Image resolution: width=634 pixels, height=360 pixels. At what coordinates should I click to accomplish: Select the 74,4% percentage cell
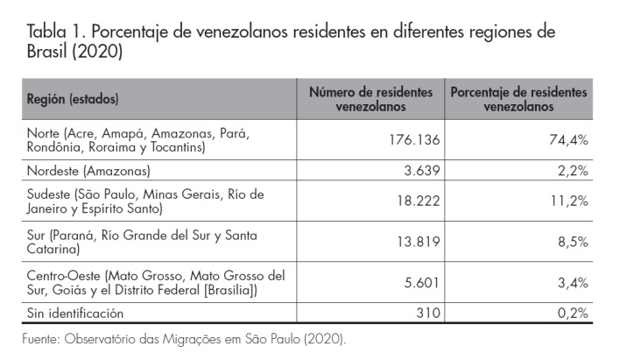(x=569, y=140)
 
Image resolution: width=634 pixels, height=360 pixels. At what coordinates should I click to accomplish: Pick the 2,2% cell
(x=574, y=170)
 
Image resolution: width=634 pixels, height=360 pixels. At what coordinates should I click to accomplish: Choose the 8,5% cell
(x=574, y=242)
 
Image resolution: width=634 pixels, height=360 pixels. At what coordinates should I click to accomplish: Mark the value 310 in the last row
(x=426, y=313)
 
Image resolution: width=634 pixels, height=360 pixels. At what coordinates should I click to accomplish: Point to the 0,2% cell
(x=574, y=313)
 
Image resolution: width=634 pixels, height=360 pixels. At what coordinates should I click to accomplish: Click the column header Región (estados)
(x=73, y=99)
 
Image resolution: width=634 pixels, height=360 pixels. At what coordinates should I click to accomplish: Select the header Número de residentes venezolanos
(x=371, y=99)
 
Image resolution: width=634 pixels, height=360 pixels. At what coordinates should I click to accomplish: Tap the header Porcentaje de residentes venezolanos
(x=518, y=99)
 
